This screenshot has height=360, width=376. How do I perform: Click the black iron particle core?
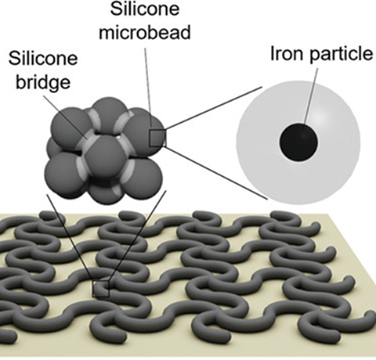coord(298,142)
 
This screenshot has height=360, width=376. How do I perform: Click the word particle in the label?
coord(342,55)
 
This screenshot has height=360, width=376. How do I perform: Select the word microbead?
coord(145,32)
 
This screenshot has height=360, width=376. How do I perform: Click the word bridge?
coord(43,82)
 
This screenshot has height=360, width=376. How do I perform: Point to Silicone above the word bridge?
coord(43,58)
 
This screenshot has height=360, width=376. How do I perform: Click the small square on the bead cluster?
coord(157,139)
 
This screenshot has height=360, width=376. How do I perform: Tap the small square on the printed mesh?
coord(100,289)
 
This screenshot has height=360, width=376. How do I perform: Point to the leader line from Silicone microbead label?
coord(148,87)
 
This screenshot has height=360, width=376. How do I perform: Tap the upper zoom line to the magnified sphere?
coord(213,108)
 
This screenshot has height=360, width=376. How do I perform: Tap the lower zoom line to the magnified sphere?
coord(216,173)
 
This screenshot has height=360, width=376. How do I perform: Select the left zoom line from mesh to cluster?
coord(70,237)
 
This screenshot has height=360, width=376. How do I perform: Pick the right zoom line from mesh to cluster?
coord(138,236)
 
